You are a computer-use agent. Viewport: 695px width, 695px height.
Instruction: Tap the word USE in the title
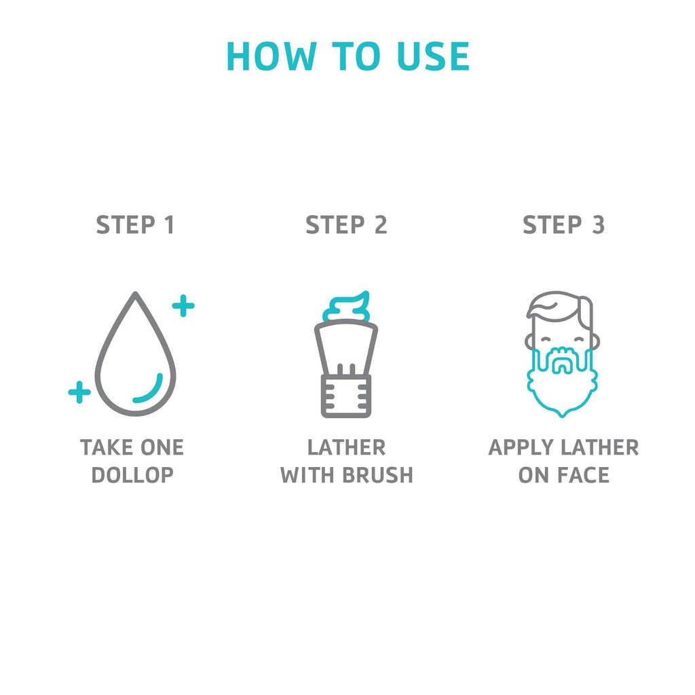point(433,56)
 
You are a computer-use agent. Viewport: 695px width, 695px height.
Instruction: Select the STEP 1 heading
point(135,225)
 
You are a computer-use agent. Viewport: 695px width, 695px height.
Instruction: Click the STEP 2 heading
point(347,225)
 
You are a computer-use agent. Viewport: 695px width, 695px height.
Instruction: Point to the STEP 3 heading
point(564,225)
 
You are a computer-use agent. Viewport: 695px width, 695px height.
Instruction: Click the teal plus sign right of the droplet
point(183,305)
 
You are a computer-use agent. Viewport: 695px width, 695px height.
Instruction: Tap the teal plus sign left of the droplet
point(79,392)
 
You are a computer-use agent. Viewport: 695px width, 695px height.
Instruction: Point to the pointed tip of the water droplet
point(136,293)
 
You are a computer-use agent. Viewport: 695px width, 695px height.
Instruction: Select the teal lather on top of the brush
point(347,307)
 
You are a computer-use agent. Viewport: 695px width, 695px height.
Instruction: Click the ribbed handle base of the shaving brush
point(346,396)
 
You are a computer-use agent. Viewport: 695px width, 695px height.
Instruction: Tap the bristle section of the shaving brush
point(346,347)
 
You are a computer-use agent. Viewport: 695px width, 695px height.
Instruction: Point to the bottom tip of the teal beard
point(562,416)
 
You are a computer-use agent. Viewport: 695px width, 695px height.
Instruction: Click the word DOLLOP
point(132,475)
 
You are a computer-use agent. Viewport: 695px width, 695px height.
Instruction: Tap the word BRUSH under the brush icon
point(378,475)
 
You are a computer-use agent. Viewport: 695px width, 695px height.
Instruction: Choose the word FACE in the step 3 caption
point(583,475)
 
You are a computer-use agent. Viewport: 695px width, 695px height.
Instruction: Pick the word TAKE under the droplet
point(105,447)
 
